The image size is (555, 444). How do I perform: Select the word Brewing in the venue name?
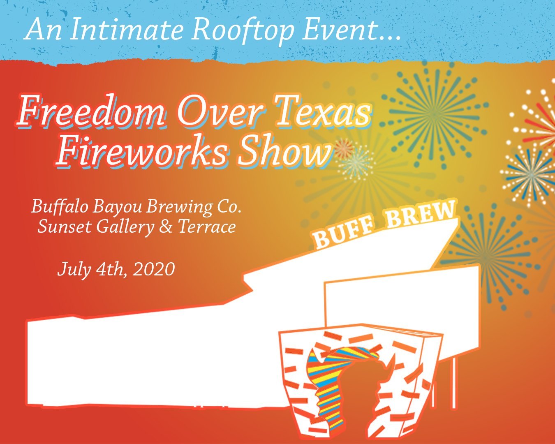179,208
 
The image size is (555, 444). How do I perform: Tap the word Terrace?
207,227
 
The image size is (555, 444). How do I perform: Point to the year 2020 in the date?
154,269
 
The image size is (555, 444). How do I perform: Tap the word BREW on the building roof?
421,215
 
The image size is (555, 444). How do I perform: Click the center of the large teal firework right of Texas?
435,115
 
